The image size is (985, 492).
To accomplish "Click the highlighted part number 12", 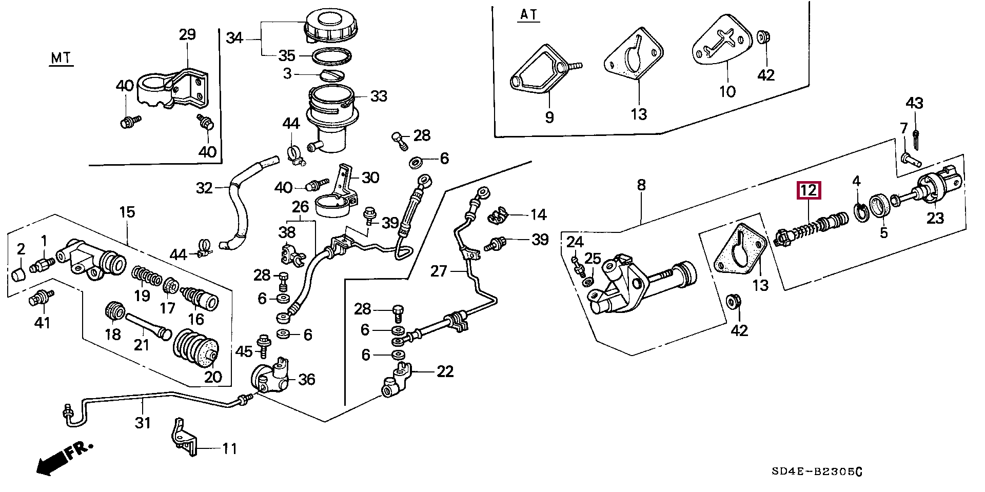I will [808, 191].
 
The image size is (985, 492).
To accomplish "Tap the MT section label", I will [62, 58].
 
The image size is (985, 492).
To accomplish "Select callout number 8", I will [641, 185].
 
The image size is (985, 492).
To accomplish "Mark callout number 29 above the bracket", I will [187, 35].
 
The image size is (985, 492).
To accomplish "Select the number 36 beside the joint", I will [306, 380].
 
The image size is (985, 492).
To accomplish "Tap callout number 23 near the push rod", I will [935, 218].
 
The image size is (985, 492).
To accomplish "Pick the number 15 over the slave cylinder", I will [127, 211].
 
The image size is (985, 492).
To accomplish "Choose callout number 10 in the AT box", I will [727, 92].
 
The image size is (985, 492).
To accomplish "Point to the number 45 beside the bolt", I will [244, 351].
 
